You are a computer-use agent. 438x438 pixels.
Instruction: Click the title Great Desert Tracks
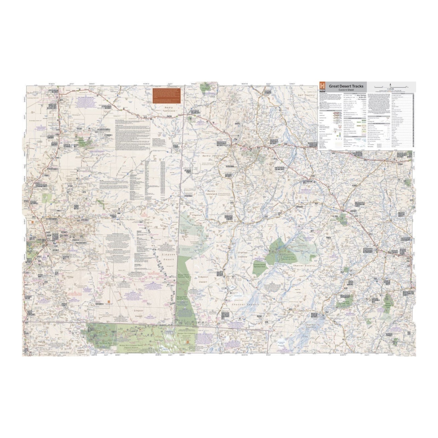click(x=346, y=86)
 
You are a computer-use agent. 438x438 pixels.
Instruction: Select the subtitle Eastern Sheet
click(x=346, y=90)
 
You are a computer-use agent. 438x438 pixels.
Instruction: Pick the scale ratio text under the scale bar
click(x=391, y=89)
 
